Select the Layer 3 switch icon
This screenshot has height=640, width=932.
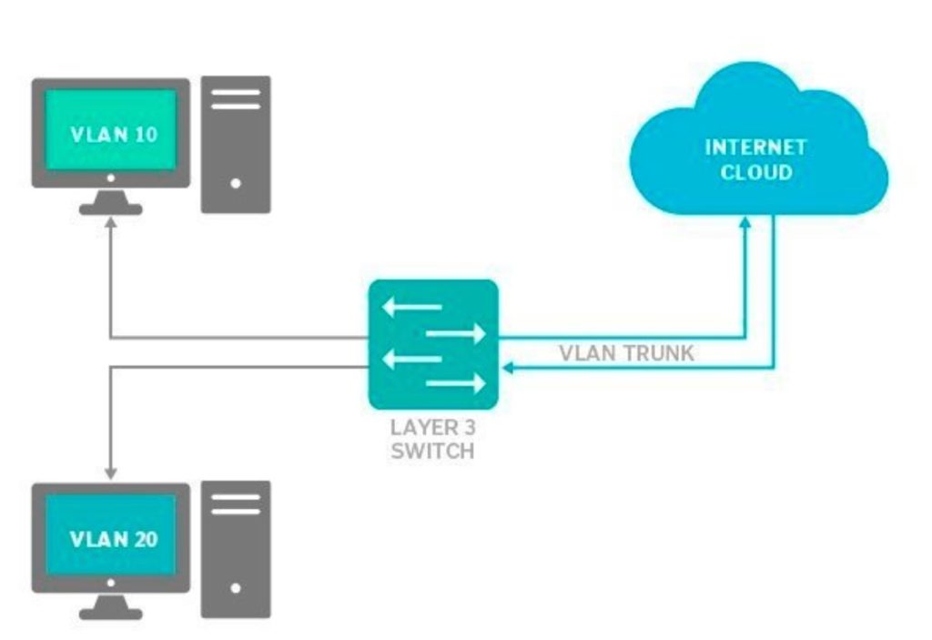[x=433, y=344]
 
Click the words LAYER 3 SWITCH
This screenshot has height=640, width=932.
[x=433, y=438]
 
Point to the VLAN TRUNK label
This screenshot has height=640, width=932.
[x=626, y=353]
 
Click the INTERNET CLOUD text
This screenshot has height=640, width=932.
[x=755, y=159]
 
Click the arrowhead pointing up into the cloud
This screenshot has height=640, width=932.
[x=746, y=222]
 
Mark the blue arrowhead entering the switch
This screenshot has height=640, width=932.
[x=509, y=368]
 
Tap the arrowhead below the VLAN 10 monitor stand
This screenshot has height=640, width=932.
[x=110, y=223]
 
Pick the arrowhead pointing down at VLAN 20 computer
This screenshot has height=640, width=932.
[x=110, y=472]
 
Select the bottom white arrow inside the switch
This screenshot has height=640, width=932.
[x=455, y=384]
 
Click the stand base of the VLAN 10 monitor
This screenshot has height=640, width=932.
[x=110, y=208]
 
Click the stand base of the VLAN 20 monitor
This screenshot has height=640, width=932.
[x=110, y=614]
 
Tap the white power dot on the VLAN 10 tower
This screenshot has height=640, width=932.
[x=236, y=183]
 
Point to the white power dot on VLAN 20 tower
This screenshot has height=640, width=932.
[x=236, y=588]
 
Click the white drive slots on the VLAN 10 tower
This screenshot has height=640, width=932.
[x=236, y=98]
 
